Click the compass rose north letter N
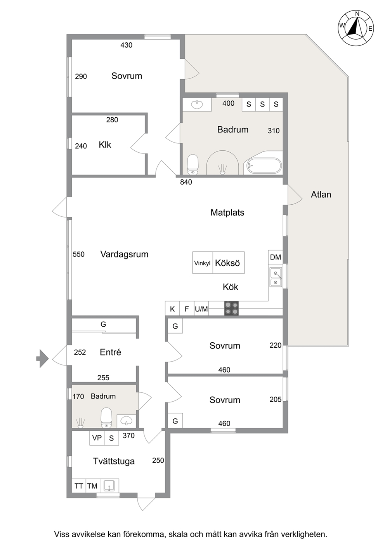click(357, 14)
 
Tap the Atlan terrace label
click(321, 194)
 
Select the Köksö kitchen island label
click(227, 263)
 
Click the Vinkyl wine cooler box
click(203, 263)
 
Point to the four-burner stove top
click(231, 308)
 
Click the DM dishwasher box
click(276, 257)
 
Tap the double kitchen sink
click(276, 277)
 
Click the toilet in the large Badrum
click(193, 164)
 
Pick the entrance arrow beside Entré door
click(43, 359)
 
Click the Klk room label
click(105, 145)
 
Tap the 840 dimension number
click(186, 182)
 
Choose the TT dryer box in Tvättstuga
click(79, 486)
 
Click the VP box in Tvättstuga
click(97, 438)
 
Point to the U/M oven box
click(201, 309)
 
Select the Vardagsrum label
click(124, 254)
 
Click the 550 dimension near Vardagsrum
click(78, 254)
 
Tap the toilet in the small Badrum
click(106, 418)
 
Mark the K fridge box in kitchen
click(172, 309)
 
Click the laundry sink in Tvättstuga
click(109, 486)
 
